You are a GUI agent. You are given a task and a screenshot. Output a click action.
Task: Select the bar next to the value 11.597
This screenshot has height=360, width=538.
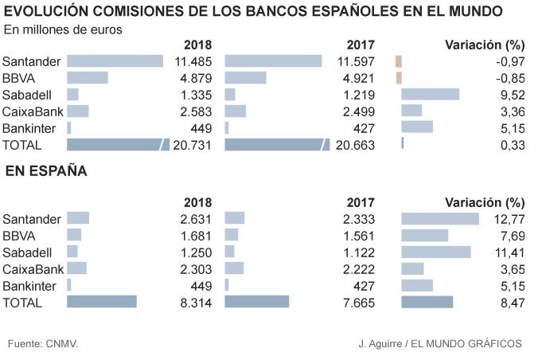(x=273, y=61)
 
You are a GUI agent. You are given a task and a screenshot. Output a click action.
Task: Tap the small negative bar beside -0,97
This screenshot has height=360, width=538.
(x=399, y=61)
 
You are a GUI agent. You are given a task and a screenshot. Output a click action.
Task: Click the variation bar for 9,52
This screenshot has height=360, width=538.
(x=430, y=94)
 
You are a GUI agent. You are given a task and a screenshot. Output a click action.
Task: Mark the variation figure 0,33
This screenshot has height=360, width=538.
(x=511, y=144)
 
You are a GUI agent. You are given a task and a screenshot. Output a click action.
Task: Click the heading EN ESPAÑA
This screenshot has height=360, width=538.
(x=46, y=171)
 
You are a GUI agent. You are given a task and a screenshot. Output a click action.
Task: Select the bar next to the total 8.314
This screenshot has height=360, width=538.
(x=102, y=302)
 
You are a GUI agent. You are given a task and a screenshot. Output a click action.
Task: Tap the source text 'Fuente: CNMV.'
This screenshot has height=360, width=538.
(x=43, y=343)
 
